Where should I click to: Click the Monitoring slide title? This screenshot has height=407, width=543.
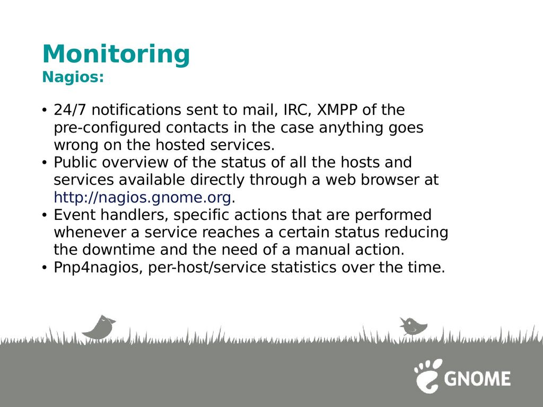pos(116,55)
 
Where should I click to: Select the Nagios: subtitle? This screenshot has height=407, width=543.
pos(73,77)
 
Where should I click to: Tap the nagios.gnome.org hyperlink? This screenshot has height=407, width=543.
pos(142,198)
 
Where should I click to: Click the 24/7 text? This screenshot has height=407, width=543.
pos(70,110)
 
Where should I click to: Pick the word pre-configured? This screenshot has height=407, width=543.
pos(107,128)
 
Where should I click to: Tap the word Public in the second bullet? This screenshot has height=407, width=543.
pos(75,162)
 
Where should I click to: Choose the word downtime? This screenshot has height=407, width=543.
pos(119,250)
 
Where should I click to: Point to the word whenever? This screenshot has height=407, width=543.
pos(90,232)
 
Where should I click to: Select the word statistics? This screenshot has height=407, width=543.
pos(303,268)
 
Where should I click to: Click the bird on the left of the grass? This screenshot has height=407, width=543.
pos(99,327)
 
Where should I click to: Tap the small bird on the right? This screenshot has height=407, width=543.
pos(413,326)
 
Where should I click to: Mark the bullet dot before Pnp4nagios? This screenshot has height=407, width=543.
pos(45,268)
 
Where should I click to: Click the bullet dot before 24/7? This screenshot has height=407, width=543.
pos(45,110)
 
